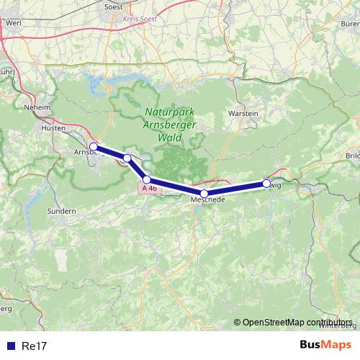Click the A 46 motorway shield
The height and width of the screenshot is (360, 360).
point(148,188)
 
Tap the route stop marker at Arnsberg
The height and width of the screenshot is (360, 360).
point(94,147)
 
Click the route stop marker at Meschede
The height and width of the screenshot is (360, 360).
point(204,193)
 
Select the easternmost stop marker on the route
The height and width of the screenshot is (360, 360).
point(266,184)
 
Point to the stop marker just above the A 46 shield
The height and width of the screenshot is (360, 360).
point(147,179)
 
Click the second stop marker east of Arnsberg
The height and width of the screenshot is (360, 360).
point(147,179)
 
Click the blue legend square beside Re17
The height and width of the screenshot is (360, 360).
point(9,346)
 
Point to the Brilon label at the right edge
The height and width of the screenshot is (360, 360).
point(353,156)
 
